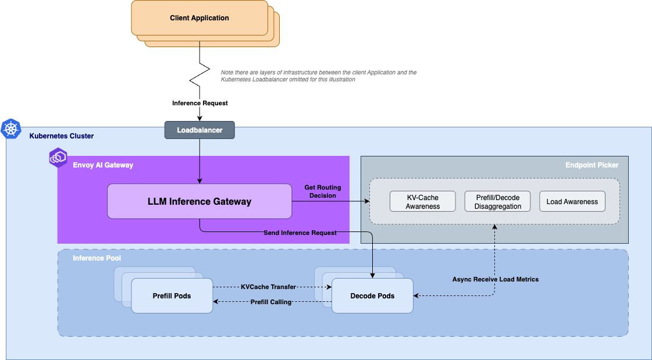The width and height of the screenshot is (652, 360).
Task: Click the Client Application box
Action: (199, 18)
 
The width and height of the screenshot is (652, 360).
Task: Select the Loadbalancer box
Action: (199, 130)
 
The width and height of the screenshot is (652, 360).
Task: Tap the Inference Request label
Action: (200, 103)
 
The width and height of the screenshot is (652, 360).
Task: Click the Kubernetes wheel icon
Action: (11, 129)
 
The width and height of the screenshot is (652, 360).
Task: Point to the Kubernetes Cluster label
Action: (62, 136)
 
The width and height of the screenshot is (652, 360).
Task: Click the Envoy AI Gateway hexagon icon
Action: (58, 158)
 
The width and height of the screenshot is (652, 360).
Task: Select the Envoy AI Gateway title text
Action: (103, 165)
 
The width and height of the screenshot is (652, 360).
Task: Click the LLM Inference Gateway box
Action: (199, 202)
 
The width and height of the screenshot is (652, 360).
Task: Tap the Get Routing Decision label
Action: (323, 191)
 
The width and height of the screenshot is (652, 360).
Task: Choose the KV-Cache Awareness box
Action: (423, 202)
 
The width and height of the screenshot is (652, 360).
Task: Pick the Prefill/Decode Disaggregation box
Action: (497, 202)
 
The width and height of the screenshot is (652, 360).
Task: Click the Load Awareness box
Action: (572, 202)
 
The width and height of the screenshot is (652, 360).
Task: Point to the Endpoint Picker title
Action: (592, 165)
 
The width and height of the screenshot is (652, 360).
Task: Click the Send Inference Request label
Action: (300, 233)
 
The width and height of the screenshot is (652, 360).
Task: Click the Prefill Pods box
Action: (172, 295)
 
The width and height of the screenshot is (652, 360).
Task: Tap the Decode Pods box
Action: (372, 295)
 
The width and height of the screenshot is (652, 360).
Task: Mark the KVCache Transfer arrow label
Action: (268, 287)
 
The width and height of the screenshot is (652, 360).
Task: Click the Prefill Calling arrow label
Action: (270, 302)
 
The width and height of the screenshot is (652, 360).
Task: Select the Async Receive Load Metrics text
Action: (496, 279)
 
